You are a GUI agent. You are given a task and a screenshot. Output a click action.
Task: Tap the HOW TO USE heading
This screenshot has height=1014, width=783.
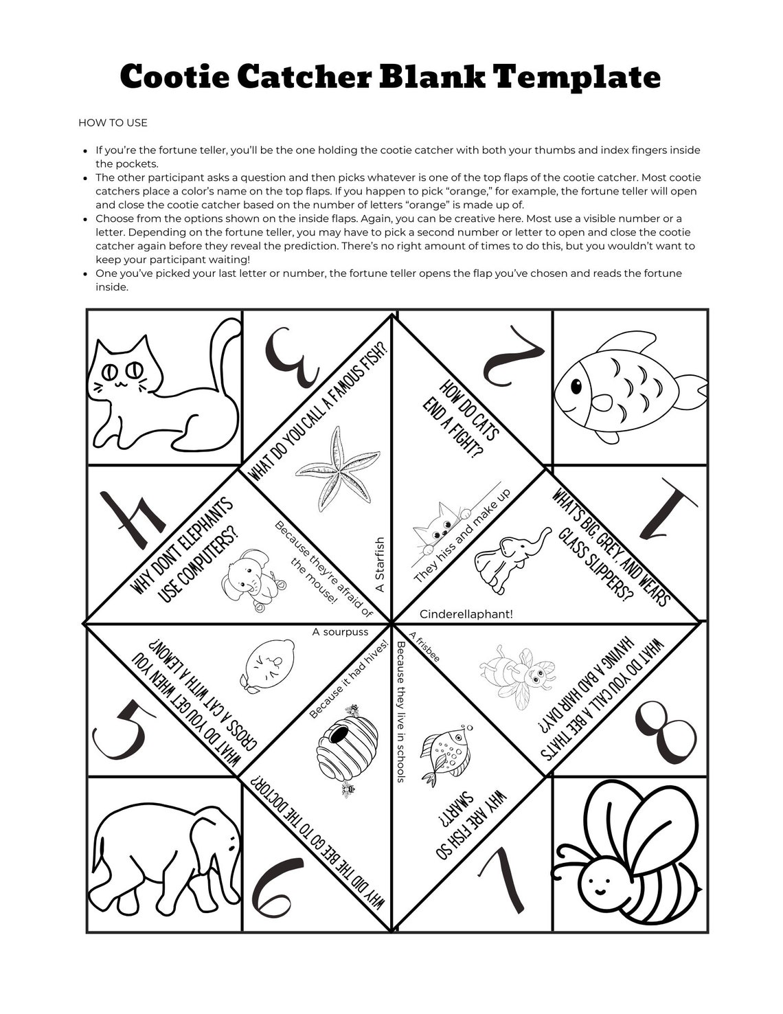[113, 123]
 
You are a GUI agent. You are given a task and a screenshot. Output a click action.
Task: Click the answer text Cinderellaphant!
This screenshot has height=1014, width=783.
[466, 614]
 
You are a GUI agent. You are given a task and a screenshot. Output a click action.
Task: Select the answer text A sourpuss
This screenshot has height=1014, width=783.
[340, 632]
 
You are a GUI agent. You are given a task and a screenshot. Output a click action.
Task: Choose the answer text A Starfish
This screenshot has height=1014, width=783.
[381, 565]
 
